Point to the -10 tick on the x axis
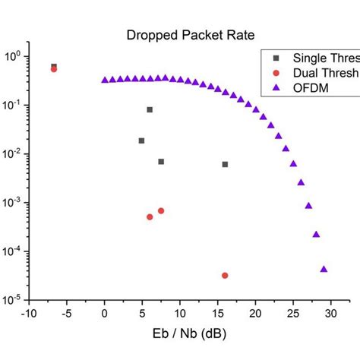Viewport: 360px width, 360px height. click(x=29, y=311)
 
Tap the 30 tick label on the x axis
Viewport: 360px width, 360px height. click(x=330, y=311)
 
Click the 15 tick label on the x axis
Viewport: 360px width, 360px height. click(x=217, y=311)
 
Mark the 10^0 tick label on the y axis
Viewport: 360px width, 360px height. click(x=13, y=56)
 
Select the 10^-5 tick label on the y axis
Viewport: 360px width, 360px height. click(x=13, y=299)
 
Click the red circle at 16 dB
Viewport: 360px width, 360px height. click(x=225, y=275)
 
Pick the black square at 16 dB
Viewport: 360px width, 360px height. click(x=225, y=164)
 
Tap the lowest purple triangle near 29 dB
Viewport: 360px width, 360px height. click(x=324, y=268)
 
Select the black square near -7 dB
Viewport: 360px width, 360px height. click(x=53, y=66)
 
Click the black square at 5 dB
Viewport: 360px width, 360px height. click(x=142, y=141)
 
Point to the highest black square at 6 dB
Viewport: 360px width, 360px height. click(x=150, y=109)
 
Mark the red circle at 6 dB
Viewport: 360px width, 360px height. click(x=150, y=216)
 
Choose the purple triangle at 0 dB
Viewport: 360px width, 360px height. click(x=105, y=79)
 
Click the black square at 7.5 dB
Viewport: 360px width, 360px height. click(x=161, y=161)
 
